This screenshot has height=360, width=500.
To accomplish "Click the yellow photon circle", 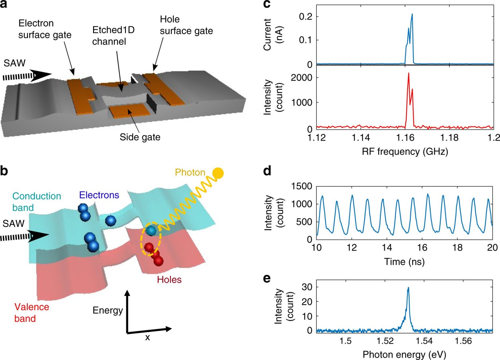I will tap(218, 173).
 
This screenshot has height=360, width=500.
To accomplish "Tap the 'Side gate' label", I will tap(140, 137).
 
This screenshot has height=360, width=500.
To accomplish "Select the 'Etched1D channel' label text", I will tap(113, 36).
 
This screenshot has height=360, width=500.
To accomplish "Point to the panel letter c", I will tap(267, 4).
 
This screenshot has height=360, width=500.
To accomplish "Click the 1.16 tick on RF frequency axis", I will tap(405, 138).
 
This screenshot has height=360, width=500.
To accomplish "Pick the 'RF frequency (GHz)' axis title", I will tap(405, 152).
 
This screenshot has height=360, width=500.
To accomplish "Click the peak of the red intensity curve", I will tap(409, 74).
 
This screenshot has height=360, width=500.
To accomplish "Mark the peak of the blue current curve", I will tap(412, 14).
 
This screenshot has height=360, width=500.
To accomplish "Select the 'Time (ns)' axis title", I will tap(404, 262).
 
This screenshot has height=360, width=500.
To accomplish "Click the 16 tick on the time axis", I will tap(422, 248).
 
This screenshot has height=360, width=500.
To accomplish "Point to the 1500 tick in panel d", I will tap(301, 186).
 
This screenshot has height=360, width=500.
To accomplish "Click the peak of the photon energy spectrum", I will tap(408, 288).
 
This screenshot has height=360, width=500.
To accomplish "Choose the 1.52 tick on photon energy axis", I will tap(385, 341).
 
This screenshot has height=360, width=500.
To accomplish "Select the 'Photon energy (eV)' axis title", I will tap(404, 354).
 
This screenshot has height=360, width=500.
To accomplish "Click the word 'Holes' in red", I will tap(169, 280).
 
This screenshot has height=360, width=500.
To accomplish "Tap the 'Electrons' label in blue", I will tap(99, 195).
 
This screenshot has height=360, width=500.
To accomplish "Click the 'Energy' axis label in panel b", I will tap(107, 310).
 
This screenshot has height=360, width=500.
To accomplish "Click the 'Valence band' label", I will tap(31, 312).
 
